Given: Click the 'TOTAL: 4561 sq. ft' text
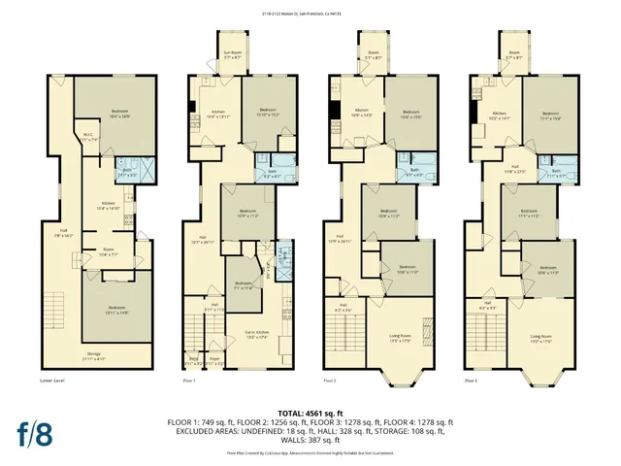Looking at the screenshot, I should (x=310, y=413).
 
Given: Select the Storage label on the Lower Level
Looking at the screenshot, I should (x=94, y=354).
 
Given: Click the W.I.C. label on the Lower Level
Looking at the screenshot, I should (x=87, y=137).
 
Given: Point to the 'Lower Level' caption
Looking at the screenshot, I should (x=52, y=381).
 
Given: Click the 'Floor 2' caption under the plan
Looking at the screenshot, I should (x=330, y=381).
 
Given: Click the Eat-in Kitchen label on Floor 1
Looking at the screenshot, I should (x=256, y=336).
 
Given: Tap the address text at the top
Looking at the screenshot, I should (x=310, y=14).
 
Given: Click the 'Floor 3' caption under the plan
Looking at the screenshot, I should (x=471, y=381).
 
